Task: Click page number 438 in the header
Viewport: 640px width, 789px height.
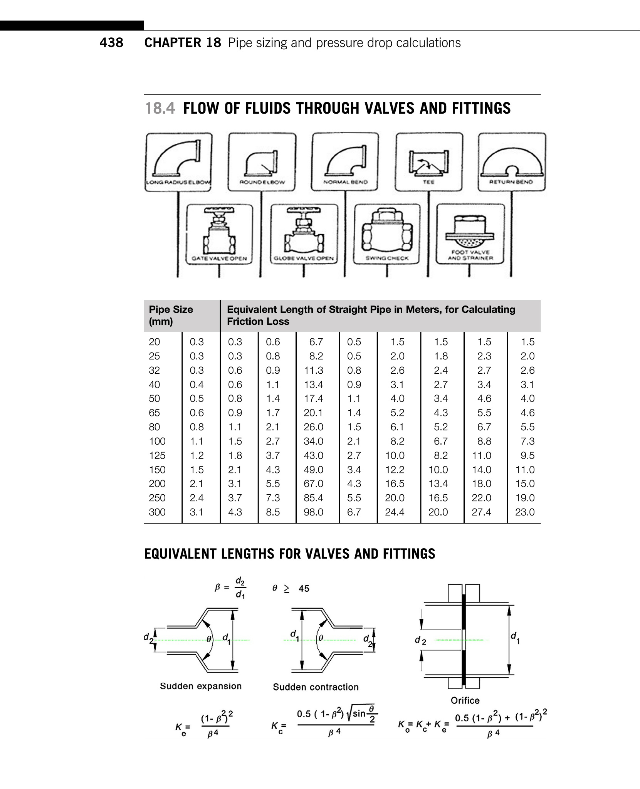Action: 111,42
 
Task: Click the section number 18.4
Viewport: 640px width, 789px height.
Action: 160,108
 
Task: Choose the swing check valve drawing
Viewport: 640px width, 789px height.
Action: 387,233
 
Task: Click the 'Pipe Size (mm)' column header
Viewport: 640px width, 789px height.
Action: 171,315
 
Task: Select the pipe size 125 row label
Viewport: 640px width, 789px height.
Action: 157,455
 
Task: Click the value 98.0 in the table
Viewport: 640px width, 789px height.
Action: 313,512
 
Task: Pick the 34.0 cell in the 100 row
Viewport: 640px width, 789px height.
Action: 313,441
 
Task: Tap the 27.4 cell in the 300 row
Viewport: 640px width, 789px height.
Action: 481,512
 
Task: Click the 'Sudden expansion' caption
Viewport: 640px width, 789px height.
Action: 201,686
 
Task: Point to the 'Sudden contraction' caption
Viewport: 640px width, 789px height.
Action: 316,687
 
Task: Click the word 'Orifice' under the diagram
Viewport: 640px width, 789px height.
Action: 465,700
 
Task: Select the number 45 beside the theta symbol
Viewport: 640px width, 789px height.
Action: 304,588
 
